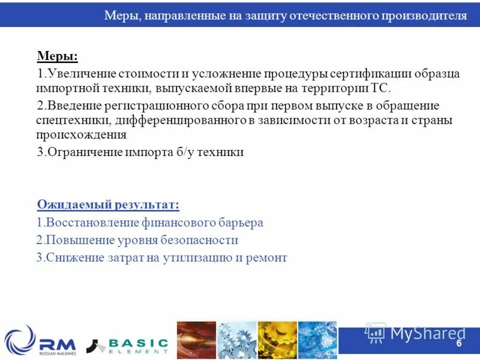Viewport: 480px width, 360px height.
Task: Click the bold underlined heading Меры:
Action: pyautogui.click(x=58, y=56)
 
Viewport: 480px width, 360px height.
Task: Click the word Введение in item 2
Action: pyautogui.click(x=71, y=106)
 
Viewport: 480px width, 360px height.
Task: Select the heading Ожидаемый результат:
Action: pyautogui.click(x=108, y=205)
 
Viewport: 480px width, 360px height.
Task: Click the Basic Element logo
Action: pyautogui.click(x=127, y=344)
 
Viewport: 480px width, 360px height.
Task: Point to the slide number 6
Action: pyautogui.click(x=459, y=344)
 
